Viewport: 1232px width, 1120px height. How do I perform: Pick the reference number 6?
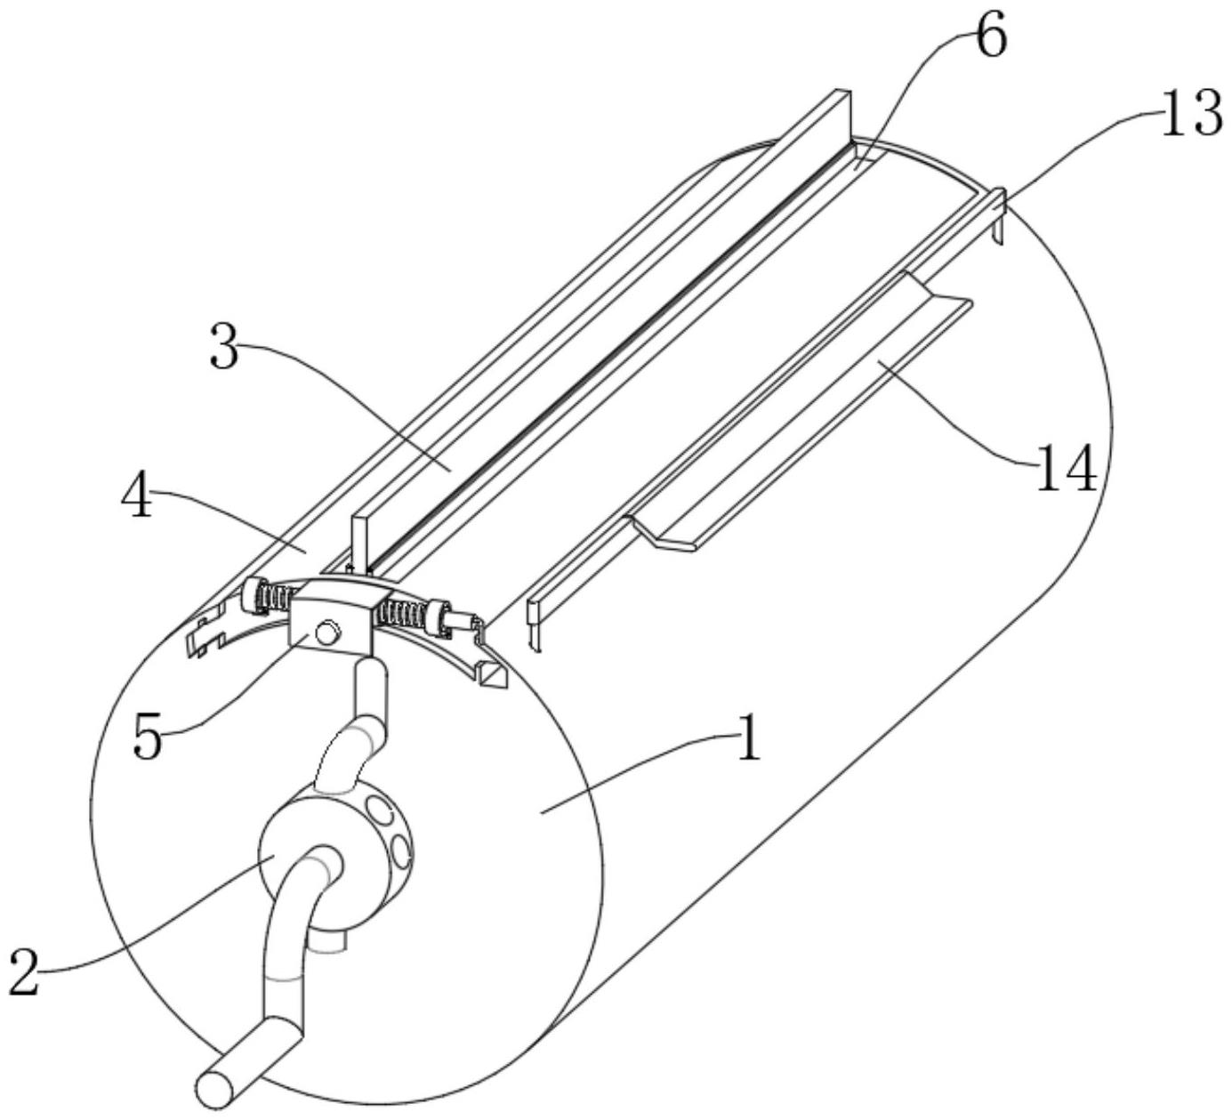(987, 38)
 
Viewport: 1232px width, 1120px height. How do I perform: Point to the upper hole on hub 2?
(382, 810)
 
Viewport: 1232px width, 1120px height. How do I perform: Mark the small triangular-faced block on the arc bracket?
(490, 675)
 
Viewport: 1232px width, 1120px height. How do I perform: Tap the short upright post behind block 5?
(359, 544)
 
